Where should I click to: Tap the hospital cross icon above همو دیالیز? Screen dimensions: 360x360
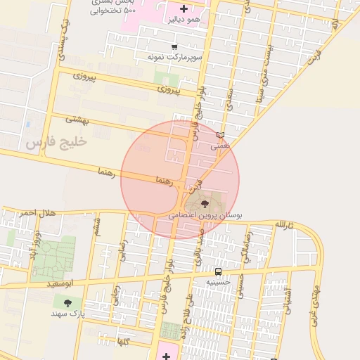[184, 9]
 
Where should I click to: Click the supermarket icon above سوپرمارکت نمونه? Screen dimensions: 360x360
[174, 46]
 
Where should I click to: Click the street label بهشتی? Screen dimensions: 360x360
[78, 119]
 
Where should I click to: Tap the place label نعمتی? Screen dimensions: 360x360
[221, 146]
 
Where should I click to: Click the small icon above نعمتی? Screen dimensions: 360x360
[221, 135]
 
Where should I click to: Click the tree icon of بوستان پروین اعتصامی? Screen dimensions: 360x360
[205, 204]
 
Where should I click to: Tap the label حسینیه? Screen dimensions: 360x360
[218, 282]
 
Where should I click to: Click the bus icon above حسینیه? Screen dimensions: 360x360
[218, 271]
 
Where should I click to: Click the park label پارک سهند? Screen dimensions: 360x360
[68, 314]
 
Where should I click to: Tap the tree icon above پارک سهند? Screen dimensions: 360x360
[67, 303]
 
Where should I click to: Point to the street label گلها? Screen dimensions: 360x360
[123, 342]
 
